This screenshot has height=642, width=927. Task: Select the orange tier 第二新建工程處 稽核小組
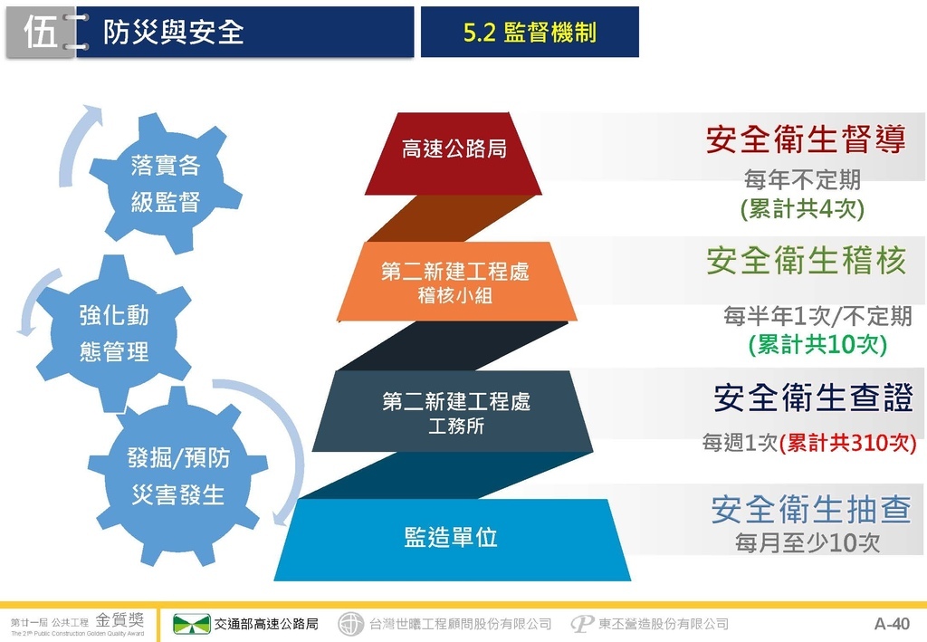coord(456,282)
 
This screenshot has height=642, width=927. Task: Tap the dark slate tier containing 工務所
coord(453,411)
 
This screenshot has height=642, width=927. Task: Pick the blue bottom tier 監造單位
coord(453,540)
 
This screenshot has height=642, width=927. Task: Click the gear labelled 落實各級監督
coord(166,183)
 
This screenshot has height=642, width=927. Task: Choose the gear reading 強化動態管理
coord(114,333)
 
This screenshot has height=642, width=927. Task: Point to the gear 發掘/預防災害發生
coord(178,476)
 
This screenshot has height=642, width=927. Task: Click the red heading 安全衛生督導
coord(806,139)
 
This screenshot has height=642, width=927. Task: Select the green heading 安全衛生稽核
coord(807,260)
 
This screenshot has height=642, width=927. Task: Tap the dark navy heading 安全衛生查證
coord(814,397)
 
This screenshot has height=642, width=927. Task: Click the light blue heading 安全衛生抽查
coord(810,509)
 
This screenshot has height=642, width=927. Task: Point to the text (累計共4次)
coord(802,208)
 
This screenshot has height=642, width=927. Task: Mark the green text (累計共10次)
coord(817,344)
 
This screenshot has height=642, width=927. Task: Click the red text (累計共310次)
coord(847,442)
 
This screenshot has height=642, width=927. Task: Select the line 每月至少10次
coord(808,542)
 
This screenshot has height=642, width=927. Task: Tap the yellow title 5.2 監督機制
coord(530,33)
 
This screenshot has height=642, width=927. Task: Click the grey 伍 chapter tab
coord(41,34)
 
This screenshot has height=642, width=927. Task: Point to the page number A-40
coord(892,624)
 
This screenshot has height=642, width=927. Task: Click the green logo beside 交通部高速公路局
coord(191,624)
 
